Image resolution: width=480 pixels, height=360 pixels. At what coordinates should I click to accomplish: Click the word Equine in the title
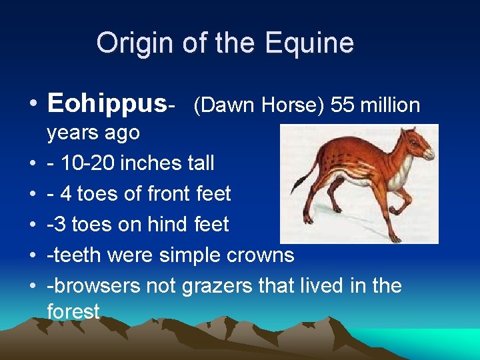pyautogui.click(x=309, y=43)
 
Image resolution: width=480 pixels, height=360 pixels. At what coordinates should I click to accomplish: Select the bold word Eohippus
pyautogui.click(x=106, y=104)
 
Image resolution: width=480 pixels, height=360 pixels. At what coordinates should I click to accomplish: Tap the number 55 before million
pyautogui.click(x=332, y=105)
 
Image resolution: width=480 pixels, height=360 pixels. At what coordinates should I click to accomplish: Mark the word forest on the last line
pyautogui.click(x=73, y=311)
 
